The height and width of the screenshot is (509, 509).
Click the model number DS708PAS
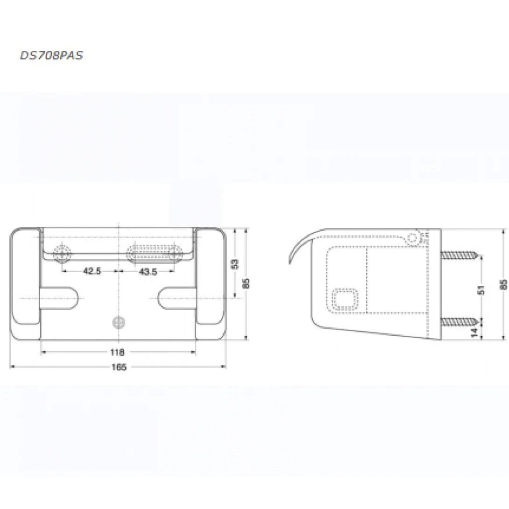coord(51,55)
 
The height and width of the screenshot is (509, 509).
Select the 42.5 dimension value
coord(92,271)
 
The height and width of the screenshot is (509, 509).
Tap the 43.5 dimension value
coord(148,271)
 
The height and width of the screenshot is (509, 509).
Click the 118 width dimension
coord(118,352)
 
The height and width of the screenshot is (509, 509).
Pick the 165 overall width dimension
coord(119,367)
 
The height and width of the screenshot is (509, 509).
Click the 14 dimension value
coord(474,332)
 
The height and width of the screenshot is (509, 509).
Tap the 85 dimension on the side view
coord(502,284)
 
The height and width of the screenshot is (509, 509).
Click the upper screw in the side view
coord(461,255)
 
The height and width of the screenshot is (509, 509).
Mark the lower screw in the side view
coord(461,321)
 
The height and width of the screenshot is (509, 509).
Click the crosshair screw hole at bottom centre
coord(119,322)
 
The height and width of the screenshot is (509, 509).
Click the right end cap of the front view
coord(210,283)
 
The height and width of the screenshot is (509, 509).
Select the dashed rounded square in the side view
coord(345,300)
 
